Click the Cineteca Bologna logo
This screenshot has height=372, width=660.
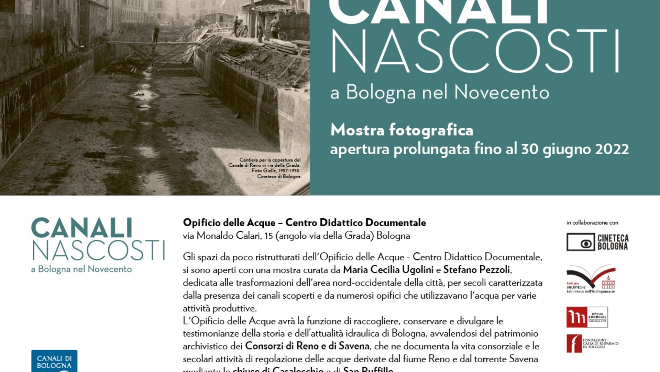tap(597, 242)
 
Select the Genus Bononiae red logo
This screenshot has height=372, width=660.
tap(587, 317)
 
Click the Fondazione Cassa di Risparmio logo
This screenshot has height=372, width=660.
tap(592, 343)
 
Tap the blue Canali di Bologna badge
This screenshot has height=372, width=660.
tap(54, 361)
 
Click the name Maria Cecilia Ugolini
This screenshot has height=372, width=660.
tap(388, 270)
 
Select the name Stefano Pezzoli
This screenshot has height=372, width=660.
tap(476, 270)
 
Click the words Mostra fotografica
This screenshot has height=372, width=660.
tap(402, 130)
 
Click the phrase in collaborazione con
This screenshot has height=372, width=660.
tap(592, 223)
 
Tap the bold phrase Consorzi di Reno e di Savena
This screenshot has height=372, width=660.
tap(307, 346)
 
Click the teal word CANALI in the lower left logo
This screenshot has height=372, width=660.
tap(82, 228)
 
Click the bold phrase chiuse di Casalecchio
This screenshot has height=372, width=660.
tap(278, 370)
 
